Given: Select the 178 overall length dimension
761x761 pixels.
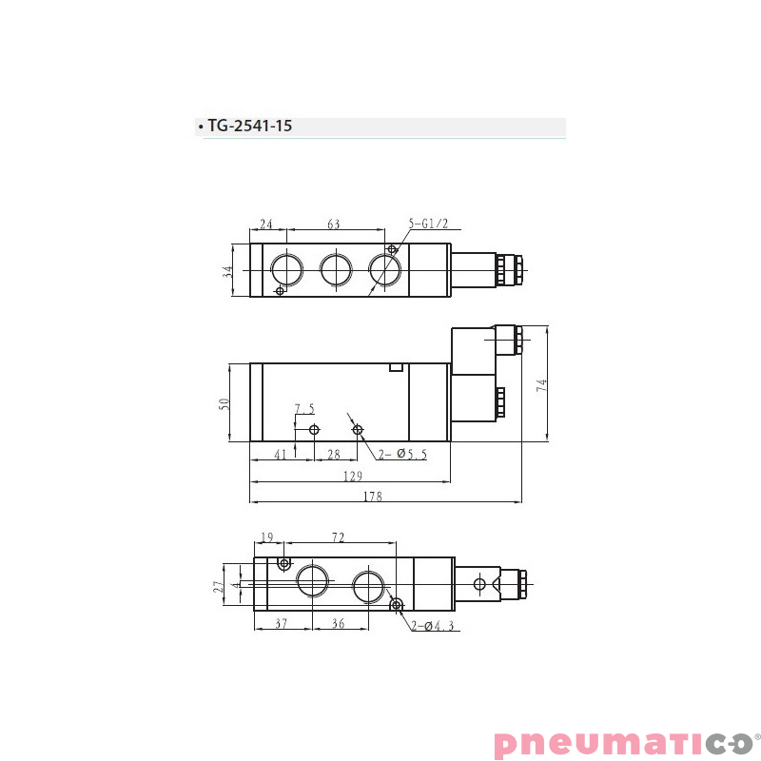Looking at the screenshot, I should pos(373,496).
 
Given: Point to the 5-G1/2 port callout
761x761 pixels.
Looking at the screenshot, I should pos(428,224).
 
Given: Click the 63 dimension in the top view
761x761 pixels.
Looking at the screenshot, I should pos(334,224).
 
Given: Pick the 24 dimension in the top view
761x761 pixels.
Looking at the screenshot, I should pos(266,224).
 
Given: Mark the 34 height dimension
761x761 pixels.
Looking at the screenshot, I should pos(228,271).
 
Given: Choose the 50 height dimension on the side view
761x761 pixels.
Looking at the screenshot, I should pos(224,404).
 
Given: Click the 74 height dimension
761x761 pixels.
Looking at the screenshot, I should pos(542,385).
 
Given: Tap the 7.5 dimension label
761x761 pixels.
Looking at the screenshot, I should pos(303,410).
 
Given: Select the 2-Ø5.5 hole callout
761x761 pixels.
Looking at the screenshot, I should pos(401,456).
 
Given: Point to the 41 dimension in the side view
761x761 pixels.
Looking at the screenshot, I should pos(281,455).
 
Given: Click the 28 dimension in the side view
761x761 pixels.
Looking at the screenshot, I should pos(334,455).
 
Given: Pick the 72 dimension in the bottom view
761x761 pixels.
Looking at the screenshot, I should pos(338,538).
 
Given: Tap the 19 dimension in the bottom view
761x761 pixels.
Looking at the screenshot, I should pos(266,538).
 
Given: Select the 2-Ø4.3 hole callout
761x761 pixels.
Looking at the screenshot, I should pos(434,626).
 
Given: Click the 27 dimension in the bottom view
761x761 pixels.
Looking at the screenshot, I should pos(219,587).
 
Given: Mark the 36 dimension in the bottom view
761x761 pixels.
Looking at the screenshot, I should pos(337,624).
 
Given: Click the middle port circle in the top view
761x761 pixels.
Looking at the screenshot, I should pos(336,270).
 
